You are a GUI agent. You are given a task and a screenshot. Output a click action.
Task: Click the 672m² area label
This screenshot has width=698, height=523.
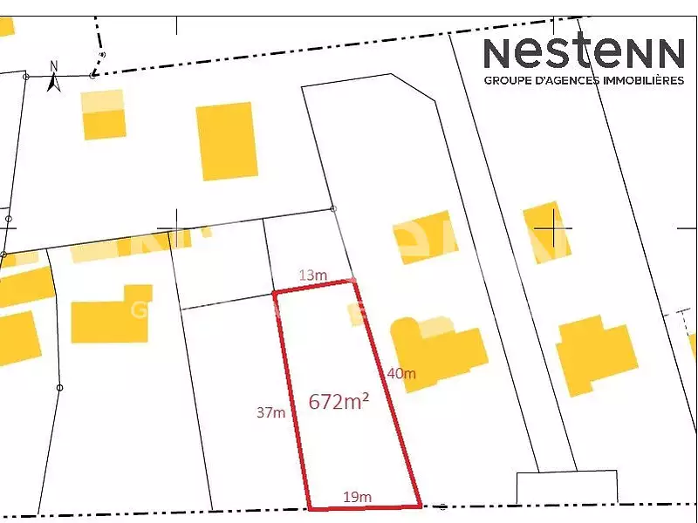pyautogui.click(x=339, y=402)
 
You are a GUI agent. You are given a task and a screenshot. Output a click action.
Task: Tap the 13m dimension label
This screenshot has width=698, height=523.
pyautogui.click(x=313, y=275)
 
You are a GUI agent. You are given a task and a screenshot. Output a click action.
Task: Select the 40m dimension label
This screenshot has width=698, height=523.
pyautogui.click(x=401, y=374)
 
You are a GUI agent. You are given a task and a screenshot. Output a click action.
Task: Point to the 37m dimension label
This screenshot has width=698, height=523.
pyautogui.click(x=270, y=412)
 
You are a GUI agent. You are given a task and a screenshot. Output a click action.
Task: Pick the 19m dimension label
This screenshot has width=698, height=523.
pyautogui.click(x=357, y=497)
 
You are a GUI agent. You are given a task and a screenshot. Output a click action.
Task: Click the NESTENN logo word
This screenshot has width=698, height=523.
pyautogui.click(x=584, y=52)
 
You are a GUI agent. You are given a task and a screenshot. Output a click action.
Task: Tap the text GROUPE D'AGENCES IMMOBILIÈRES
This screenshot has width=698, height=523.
pyautogui.click(x=584, y=80)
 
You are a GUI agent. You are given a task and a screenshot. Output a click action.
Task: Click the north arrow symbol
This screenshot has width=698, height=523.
pyautogui.click(x=52, y=83)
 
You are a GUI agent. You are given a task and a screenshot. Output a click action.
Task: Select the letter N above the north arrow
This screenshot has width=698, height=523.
pyautogui.click(x=53, y=65)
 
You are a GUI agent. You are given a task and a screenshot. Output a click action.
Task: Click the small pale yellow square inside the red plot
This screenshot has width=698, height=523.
pyautogui.click(x=355, y=314)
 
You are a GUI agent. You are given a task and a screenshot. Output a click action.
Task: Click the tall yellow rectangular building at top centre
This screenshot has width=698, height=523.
pyautogui.click(x=228, y=140)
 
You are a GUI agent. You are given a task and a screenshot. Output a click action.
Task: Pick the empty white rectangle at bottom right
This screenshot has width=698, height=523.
pyautogui.click(x=566, y=486)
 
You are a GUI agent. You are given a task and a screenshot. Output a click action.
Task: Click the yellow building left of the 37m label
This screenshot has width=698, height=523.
pyautogui.click(x=109, y=315)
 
